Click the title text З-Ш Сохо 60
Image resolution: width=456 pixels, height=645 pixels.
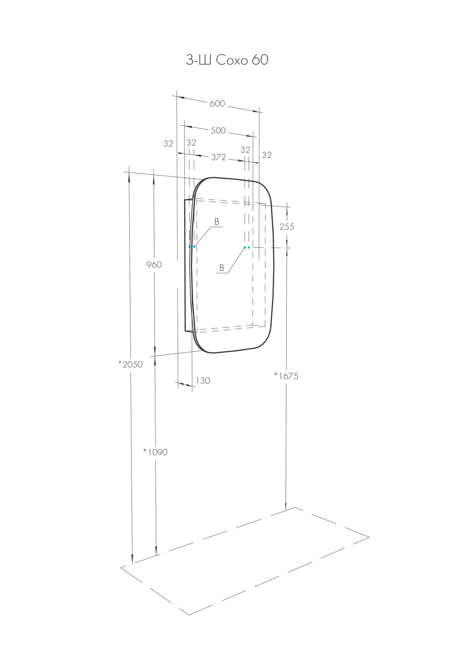point(227,60)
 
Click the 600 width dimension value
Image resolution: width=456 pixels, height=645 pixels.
point(217,104)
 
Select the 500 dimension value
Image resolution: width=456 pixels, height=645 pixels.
point(218,131)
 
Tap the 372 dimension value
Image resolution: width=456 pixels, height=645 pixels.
point(218,157)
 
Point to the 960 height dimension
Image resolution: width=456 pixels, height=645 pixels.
point(154,265)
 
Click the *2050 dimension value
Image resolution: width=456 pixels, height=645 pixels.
point(130,364)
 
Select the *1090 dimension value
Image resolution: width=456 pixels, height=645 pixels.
point(155,452)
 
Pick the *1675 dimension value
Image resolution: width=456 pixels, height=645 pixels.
point(286,376)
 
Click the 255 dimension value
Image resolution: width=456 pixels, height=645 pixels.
point(287,227)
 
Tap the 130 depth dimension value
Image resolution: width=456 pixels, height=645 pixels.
point(203,381)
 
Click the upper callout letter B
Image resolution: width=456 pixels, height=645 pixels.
point(217,222)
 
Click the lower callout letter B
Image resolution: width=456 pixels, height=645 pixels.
point(222,268)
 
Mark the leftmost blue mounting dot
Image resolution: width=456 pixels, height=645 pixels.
point(190,247)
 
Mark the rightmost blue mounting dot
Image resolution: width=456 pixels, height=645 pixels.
point(249,247)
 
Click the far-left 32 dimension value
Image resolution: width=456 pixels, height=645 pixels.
point(168,144)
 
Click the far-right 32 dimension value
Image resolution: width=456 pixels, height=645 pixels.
point(266,155)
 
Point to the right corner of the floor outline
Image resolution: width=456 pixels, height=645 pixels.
point(369,537)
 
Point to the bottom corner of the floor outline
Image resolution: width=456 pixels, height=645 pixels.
point(189,615)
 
